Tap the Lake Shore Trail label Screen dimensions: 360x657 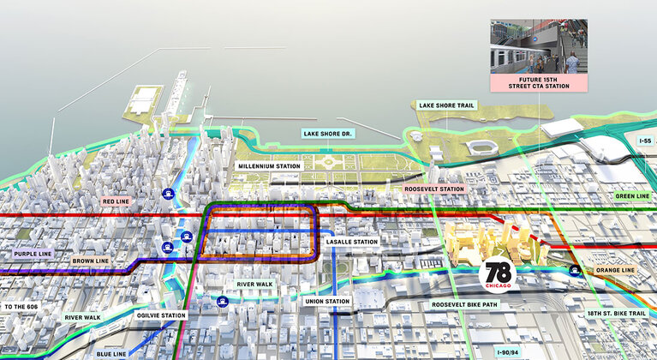point(446,106)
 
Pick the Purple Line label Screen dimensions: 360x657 point(33,255)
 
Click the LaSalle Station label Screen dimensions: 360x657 point(352,242)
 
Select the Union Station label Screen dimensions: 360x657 point(326,301)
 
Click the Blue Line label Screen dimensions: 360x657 point(111,352)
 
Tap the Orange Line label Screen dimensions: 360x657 point(617,271)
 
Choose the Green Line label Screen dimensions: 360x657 point(633,196)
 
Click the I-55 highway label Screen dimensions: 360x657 point(645,139)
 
